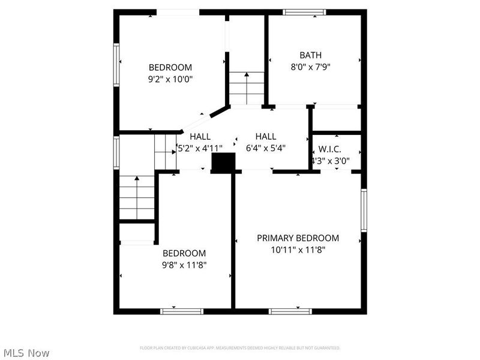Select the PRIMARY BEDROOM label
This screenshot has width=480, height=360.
(298, 238)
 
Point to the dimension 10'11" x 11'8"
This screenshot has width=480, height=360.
(298, 250)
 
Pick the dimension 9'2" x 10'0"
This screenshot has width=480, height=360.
(170, 79)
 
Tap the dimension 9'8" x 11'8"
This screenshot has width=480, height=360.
(185, 265)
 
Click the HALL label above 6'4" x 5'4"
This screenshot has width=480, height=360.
(265, 136)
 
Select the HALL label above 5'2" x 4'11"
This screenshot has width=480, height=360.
(200, 136)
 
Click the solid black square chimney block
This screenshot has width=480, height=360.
(224, 163)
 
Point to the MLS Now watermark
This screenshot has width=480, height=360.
(26, 353)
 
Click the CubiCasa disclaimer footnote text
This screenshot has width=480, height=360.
(240, 347)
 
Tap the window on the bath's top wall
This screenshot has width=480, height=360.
(304, 11)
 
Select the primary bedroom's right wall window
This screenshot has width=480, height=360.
(364, 210)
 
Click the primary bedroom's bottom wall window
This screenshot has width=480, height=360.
(290, 311)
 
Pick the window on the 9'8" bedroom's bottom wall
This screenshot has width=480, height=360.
(181, 311)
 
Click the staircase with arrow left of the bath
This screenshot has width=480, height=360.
(246, 88)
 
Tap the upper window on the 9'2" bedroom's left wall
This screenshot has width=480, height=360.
(117, 65)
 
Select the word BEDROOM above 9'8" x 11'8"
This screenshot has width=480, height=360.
(185, 253)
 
